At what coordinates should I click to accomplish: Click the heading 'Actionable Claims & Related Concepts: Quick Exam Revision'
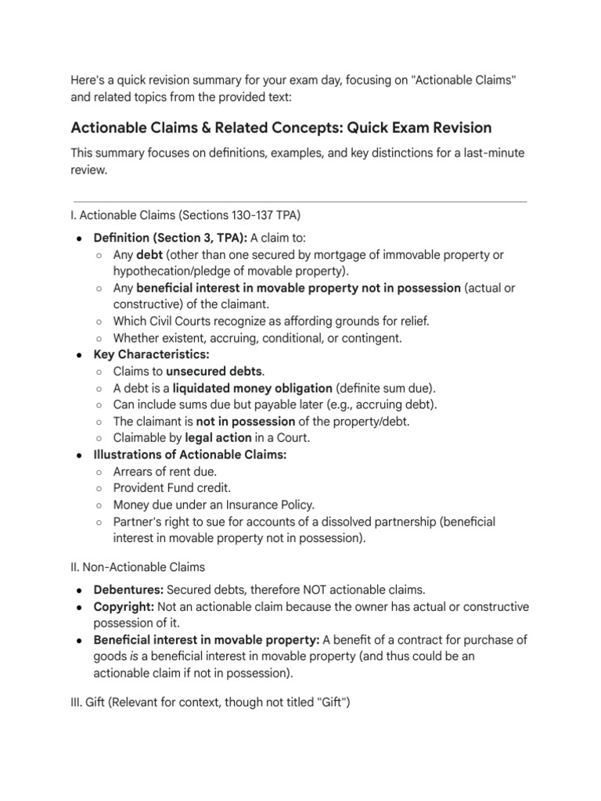[x=281, y=128]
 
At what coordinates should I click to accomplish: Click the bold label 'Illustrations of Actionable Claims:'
[x=190, y=454]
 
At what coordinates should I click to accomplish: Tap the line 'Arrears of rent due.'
[x=165, y=472]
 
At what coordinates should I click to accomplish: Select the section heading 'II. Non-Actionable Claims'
[x=139, y=566]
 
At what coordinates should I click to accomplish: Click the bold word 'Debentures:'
[x=128, y=589]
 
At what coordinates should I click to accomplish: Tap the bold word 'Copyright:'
[x=124, y=606]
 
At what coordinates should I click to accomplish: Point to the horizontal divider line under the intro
[x=299, y=202]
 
